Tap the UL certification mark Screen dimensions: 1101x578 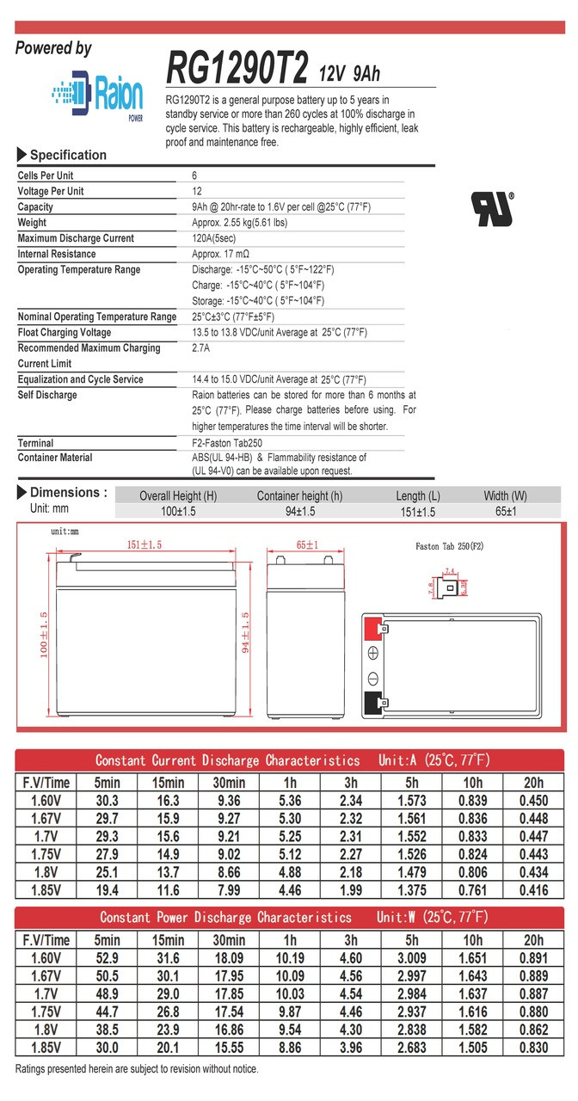(491, 208)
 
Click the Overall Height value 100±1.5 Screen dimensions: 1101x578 (178, 512)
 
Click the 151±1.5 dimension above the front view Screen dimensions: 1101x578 (144, 545)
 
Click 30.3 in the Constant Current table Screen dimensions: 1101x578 (108, 800)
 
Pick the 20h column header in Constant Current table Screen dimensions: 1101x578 (533, 783)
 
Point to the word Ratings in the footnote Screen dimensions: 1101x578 (36, 1069)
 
